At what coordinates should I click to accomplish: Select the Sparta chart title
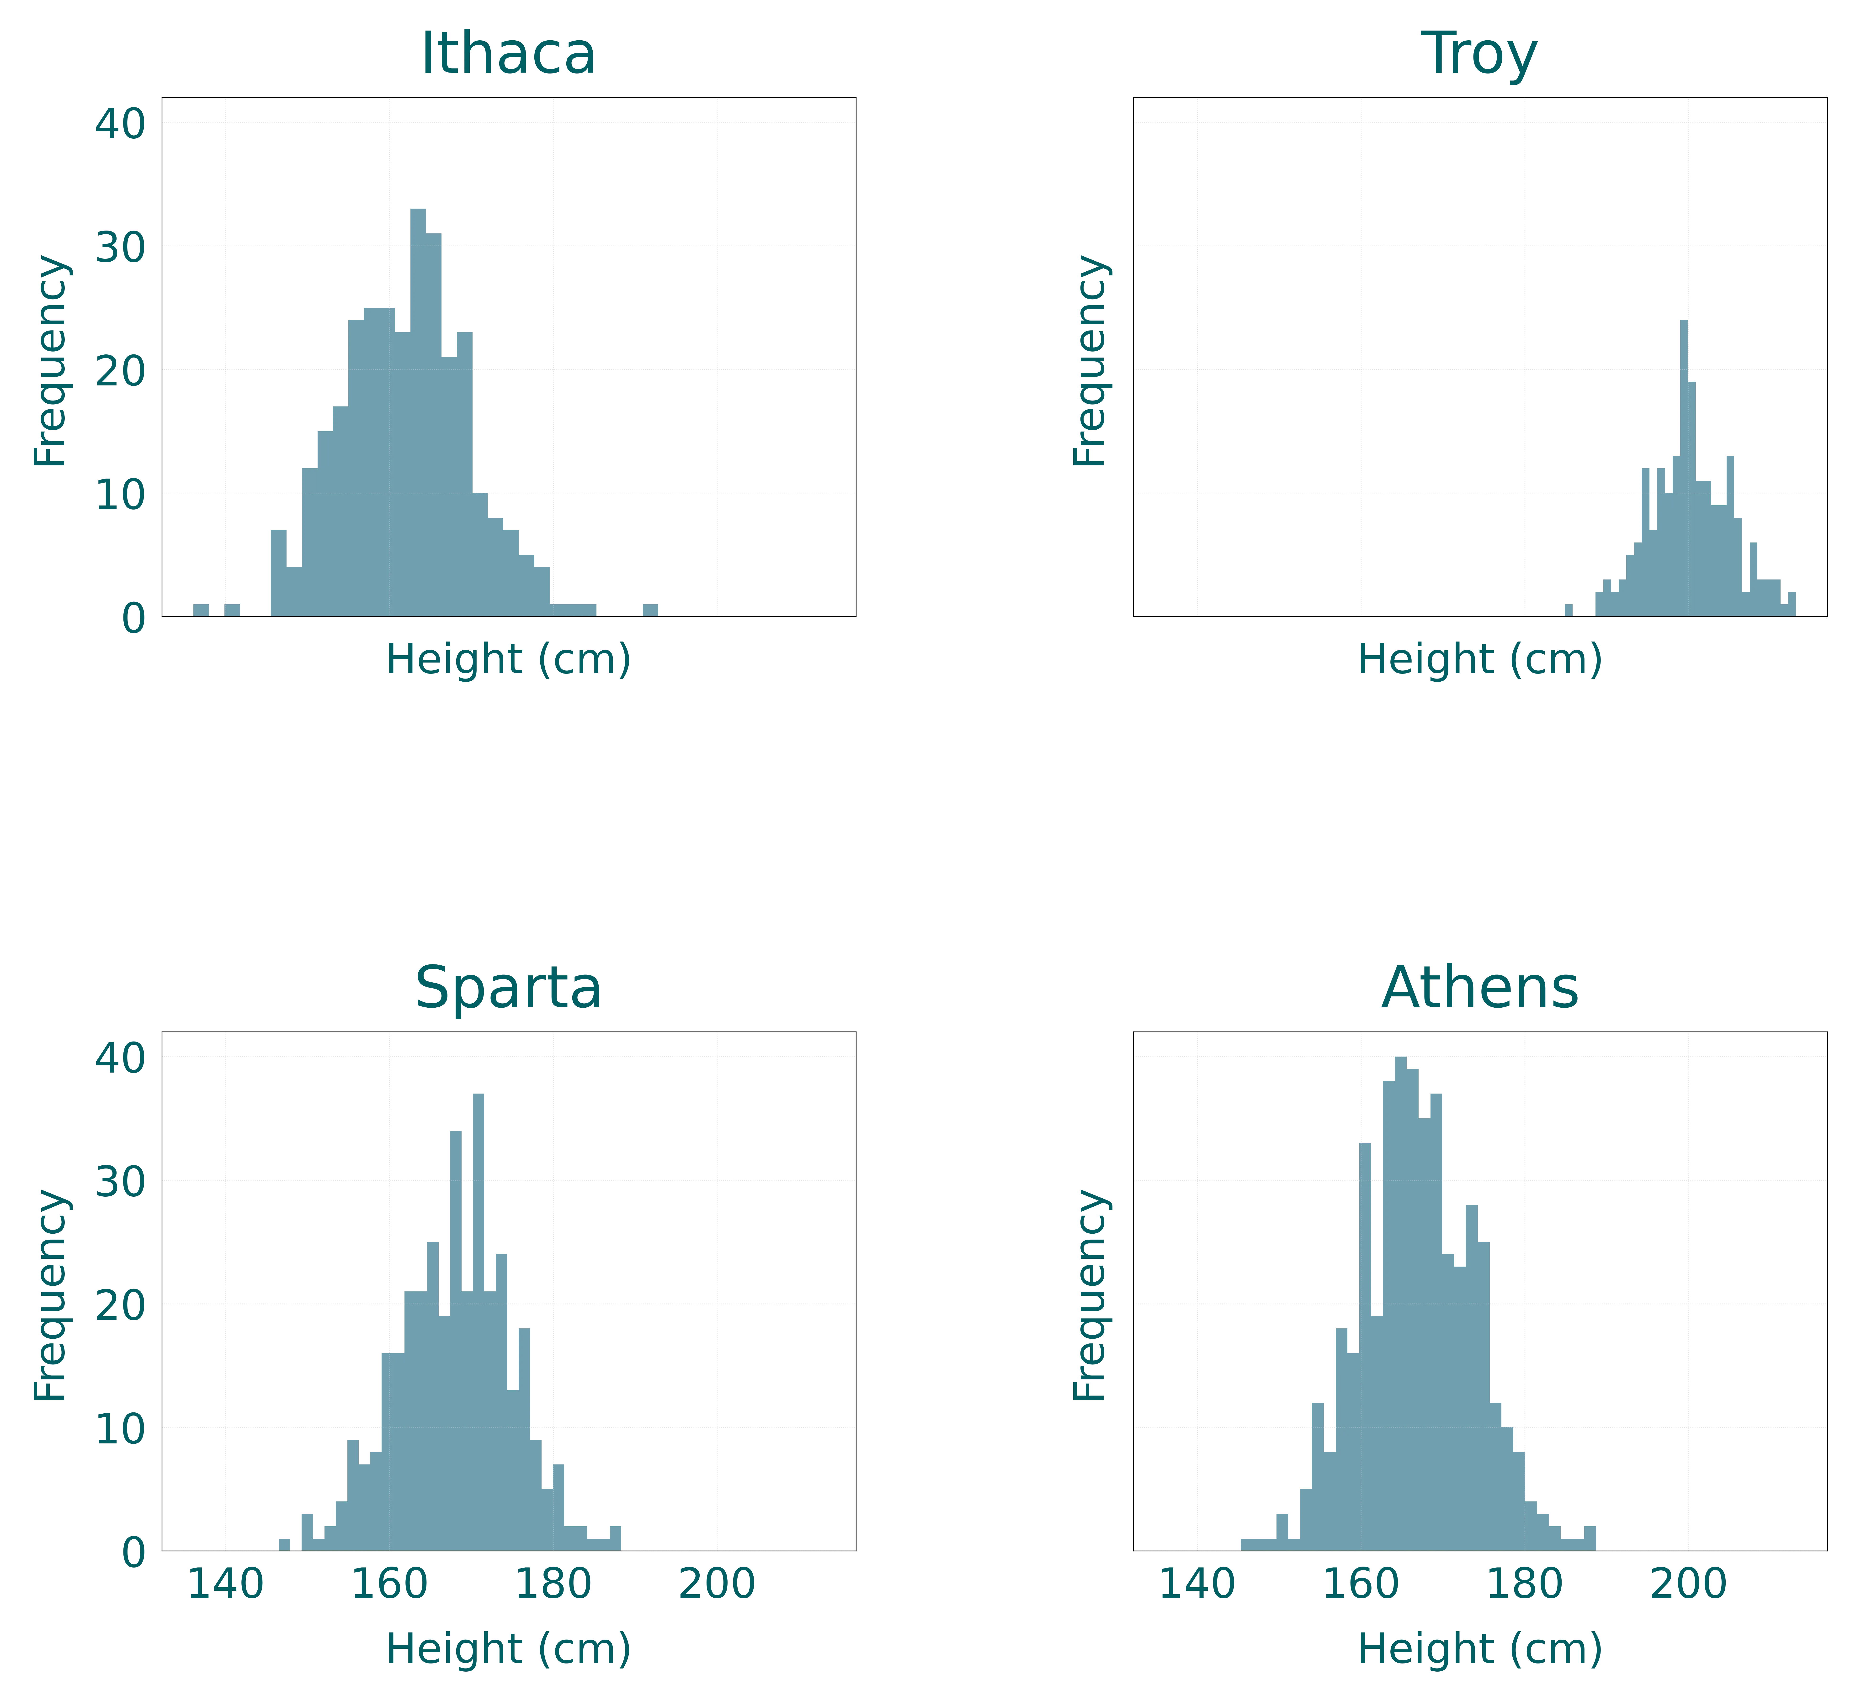(x=508, y=988)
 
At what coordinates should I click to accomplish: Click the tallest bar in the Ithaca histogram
(x=417, y=414)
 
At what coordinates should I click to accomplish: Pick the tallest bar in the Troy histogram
(x=1684, y=469)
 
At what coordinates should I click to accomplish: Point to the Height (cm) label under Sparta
(x=508, y=1648)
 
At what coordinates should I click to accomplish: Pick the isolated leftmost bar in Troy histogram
(x=1569, y=610)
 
